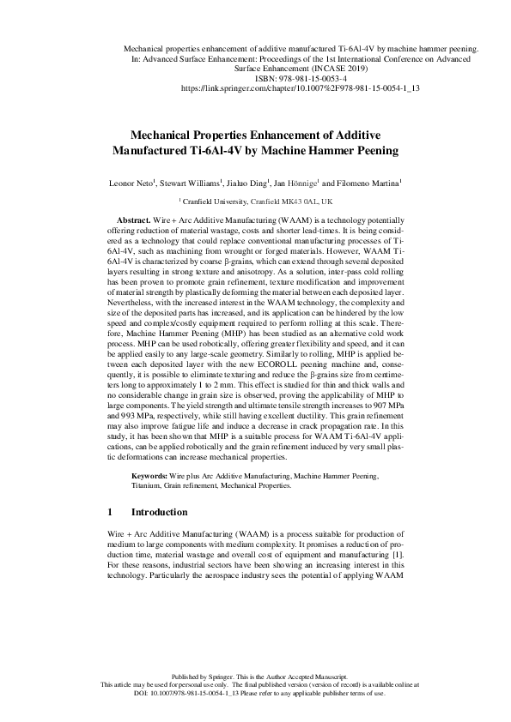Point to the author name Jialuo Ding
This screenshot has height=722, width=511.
click(x=249, y=184)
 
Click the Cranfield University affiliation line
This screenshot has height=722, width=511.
click(x=255, y=202)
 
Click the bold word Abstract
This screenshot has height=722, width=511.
click(x=133, y=221)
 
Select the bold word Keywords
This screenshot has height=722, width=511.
click(x=151, y=474)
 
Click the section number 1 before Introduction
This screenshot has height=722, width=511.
click(x=110, y=512)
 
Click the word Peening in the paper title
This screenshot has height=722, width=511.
click(x=348, y=151)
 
